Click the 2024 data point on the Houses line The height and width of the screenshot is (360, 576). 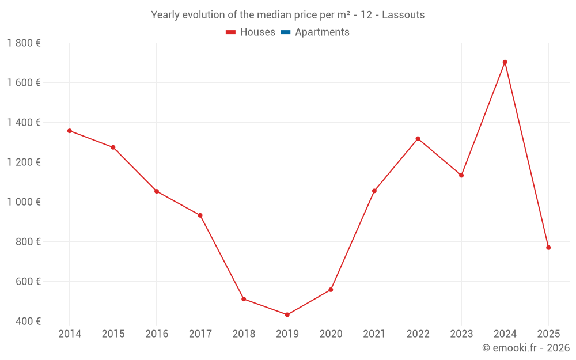click(x=505, y=62)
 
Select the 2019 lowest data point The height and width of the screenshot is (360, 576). click(x=287, y=314)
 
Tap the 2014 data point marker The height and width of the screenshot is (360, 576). click(x=70, y=131)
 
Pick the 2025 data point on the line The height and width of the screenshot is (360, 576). click(x=548, y=248)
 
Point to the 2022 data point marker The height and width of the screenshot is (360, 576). click(x=418, y=139)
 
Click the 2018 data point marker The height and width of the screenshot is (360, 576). click(x=244, y=299)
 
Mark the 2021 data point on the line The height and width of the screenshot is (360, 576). click(x=374, y=191)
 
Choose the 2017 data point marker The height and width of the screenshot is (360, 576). click(x=200, y=215)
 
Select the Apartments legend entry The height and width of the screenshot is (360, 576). click(x=322, y=32)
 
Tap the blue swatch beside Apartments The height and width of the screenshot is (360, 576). click(x=285, y=32)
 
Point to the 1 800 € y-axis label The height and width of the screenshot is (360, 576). click(x=24, y=43)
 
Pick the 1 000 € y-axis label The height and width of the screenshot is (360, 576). click(x=24, y=202)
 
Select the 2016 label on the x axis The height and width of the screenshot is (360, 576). click(x=157, y=334)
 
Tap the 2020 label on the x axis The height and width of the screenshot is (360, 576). click(x=331, y=334)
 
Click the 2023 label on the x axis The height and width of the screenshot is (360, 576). click(x=461, y=334)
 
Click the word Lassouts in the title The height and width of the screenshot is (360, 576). click(x=403, y=15)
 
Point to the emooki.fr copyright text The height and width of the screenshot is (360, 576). click(x=526, y=348)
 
